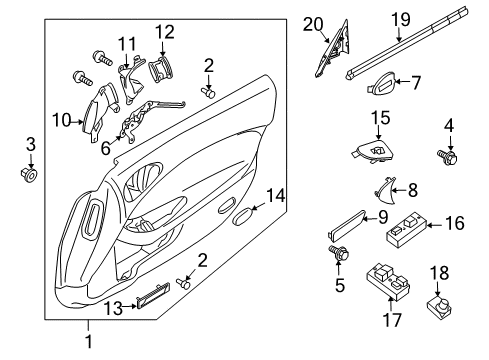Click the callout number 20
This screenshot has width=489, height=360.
pyautogui.click(x=313, y=25)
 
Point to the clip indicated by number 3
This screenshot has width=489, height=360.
pyautogui.click(x=29, y=173)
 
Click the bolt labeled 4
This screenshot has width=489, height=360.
pyautogui.click(x=447, y=156)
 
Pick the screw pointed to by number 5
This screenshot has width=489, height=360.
pyautogui.click(x=339, y=253)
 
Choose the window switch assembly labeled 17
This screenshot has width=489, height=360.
pyautogui.click(x=388, y=281)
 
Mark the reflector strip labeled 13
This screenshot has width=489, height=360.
pyautogui.click(x=153, y=295)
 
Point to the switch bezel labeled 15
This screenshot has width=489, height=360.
pyautogui.click(x=373, y=150)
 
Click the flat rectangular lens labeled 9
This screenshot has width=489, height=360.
pyautogui.click(x=347, y=225)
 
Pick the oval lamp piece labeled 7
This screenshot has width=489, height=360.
pyautogui.click(x=381, y=82)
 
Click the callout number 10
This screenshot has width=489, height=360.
pyautogui.click(x=61, y=120)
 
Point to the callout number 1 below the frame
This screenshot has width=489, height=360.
pyautogui.click(x=89, y=341)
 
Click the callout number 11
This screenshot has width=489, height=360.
pyautogui.click(x=127, y=44)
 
